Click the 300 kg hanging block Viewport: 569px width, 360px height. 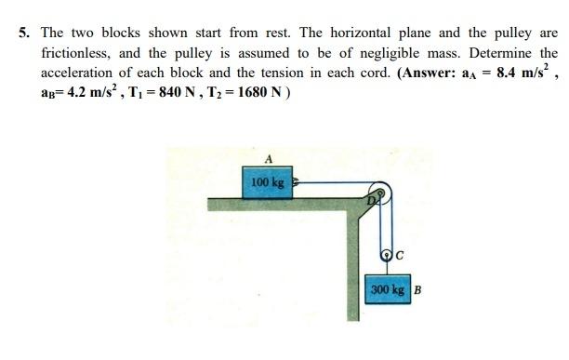point(387,288)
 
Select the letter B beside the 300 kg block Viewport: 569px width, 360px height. point(417,288)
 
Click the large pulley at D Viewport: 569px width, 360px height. point(378,194)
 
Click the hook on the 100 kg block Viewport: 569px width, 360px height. point(298,184)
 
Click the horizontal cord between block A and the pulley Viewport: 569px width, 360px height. point(335,183)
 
